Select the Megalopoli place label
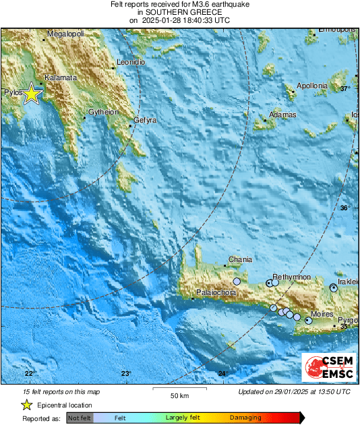(65, 33)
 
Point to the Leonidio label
(131, 62)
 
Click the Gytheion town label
(104, 112)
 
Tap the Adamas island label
(282, 115)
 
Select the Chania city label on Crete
(241, 259)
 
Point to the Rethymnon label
(291, 277)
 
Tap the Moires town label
(323, 315)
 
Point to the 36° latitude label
(344, 208)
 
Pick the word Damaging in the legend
(245, 418)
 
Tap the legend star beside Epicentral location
(27, 405)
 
